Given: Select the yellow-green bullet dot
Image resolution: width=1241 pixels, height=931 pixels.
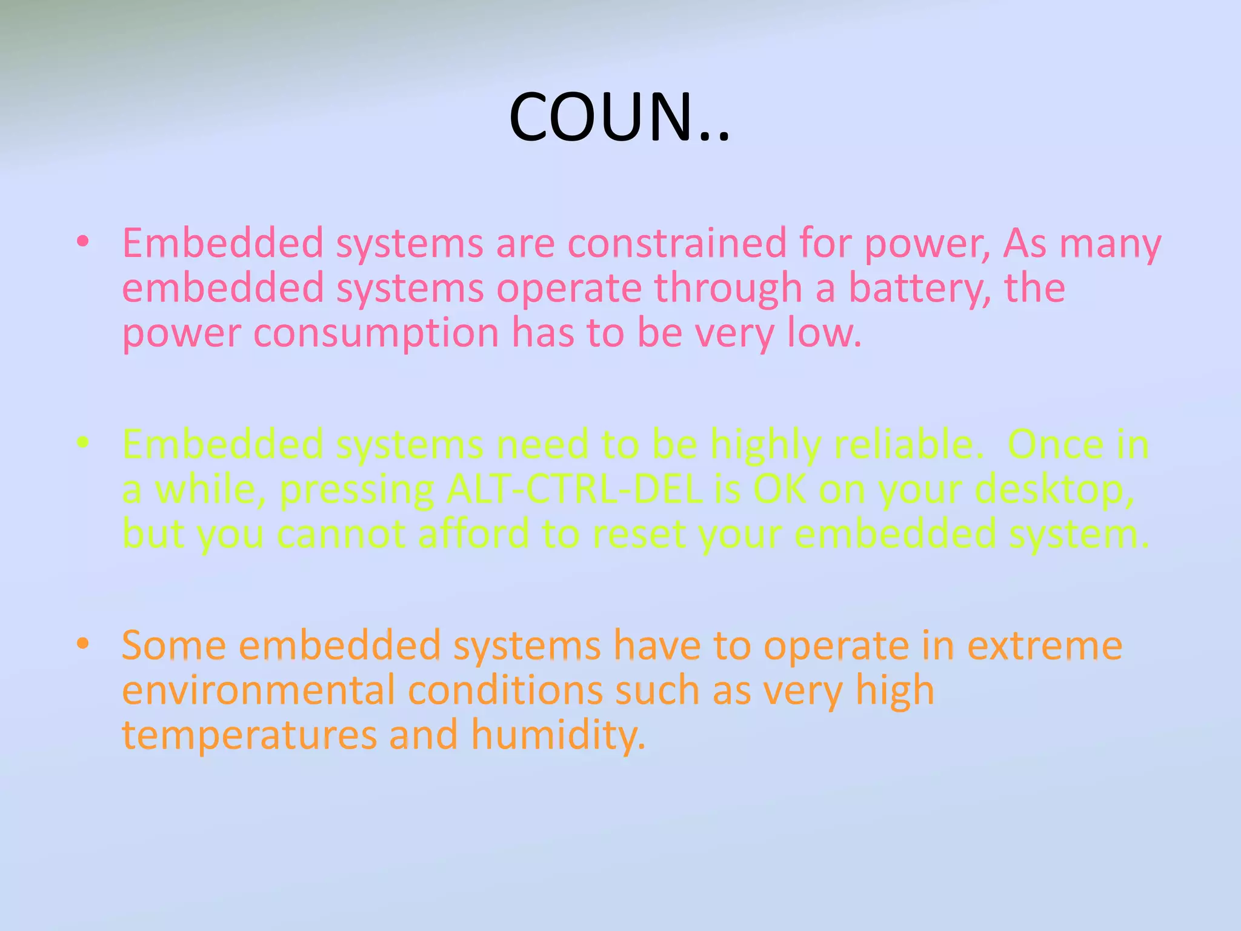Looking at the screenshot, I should click(83, 443).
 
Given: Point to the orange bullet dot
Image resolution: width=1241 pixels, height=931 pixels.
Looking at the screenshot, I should click(83, 644).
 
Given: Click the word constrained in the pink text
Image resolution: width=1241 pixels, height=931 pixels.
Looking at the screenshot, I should click(676, 244).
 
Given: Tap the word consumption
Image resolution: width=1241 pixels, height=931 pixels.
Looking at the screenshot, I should click(376, 333).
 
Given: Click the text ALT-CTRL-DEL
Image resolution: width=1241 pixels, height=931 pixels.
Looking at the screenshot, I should click(574, 489).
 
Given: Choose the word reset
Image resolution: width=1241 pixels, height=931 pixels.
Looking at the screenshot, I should click(639, 535).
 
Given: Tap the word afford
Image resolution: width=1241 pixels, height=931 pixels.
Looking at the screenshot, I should click(473, 534).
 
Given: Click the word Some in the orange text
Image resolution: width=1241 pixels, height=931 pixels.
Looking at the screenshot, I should click(174, 646).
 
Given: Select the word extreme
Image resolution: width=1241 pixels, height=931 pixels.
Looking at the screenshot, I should click(1045, 646).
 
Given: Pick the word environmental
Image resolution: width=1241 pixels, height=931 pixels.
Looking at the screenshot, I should click(258, 690).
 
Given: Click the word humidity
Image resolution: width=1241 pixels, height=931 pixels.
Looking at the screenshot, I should click(558, 736).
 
